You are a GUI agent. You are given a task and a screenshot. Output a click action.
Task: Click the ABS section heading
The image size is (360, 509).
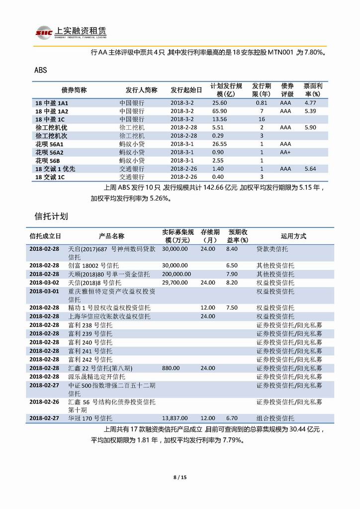40,70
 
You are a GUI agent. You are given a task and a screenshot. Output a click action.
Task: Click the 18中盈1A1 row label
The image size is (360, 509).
51,103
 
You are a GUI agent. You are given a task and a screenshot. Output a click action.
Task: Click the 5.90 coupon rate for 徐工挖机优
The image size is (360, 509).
310,127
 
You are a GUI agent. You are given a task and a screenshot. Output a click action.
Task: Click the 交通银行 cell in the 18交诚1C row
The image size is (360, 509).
132,177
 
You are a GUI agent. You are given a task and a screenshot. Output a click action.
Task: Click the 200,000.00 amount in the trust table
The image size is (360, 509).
177,274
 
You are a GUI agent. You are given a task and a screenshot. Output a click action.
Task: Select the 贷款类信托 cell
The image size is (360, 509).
272,248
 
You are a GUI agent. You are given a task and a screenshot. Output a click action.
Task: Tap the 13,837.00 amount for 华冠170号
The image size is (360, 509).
175,418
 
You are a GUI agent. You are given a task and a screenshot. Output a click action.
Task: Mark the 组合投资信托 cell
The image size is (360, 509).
275,418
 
